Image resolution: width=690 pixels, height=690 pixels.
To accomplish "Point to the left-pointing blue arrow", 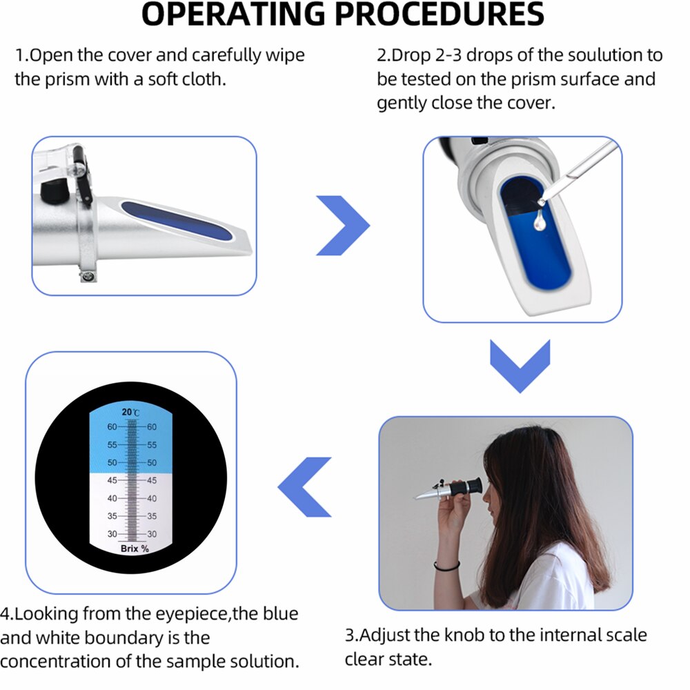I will (304, 486).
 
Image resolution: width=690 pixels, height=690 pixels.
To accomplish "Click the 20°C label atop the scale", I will (130, 412).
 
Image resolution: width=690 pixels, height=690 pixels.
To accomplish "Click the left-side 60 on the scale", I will (112, 427).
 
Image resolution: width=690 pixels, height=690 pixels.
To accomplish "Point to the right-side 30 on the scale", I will (152, 534).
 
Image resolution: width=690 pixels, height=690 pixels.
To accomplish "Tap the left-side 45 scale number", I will (112, 480).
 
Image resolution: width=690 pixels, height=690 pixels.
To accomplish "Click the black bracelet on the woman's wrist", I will (447, 567).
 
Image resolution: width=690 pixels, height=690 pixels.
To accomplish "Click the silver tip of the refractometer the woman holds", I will (422, 495).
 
